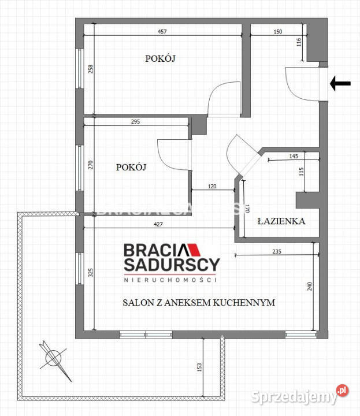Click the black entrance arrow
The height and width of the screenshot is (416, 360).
click(x=340, y=84)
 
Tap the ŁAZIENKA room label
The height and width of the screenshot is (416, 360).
click(x=281, y=221)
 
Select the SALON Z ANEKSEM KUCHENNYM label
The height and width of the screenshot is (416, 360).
click(x=198, y=302)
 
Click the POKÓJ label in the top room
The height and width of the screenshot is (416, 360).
click(x=159, y=58)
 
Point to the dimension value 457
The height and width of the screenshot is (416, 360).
click(x=164, y=32)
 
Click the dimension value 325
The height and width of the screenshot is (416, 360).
click(x=90, y=273)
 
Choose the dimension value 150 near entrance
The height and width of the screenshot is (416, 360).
click(x=277, y=32)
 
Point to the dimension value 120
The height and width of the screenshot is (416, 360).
click(x=212, y=187)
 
